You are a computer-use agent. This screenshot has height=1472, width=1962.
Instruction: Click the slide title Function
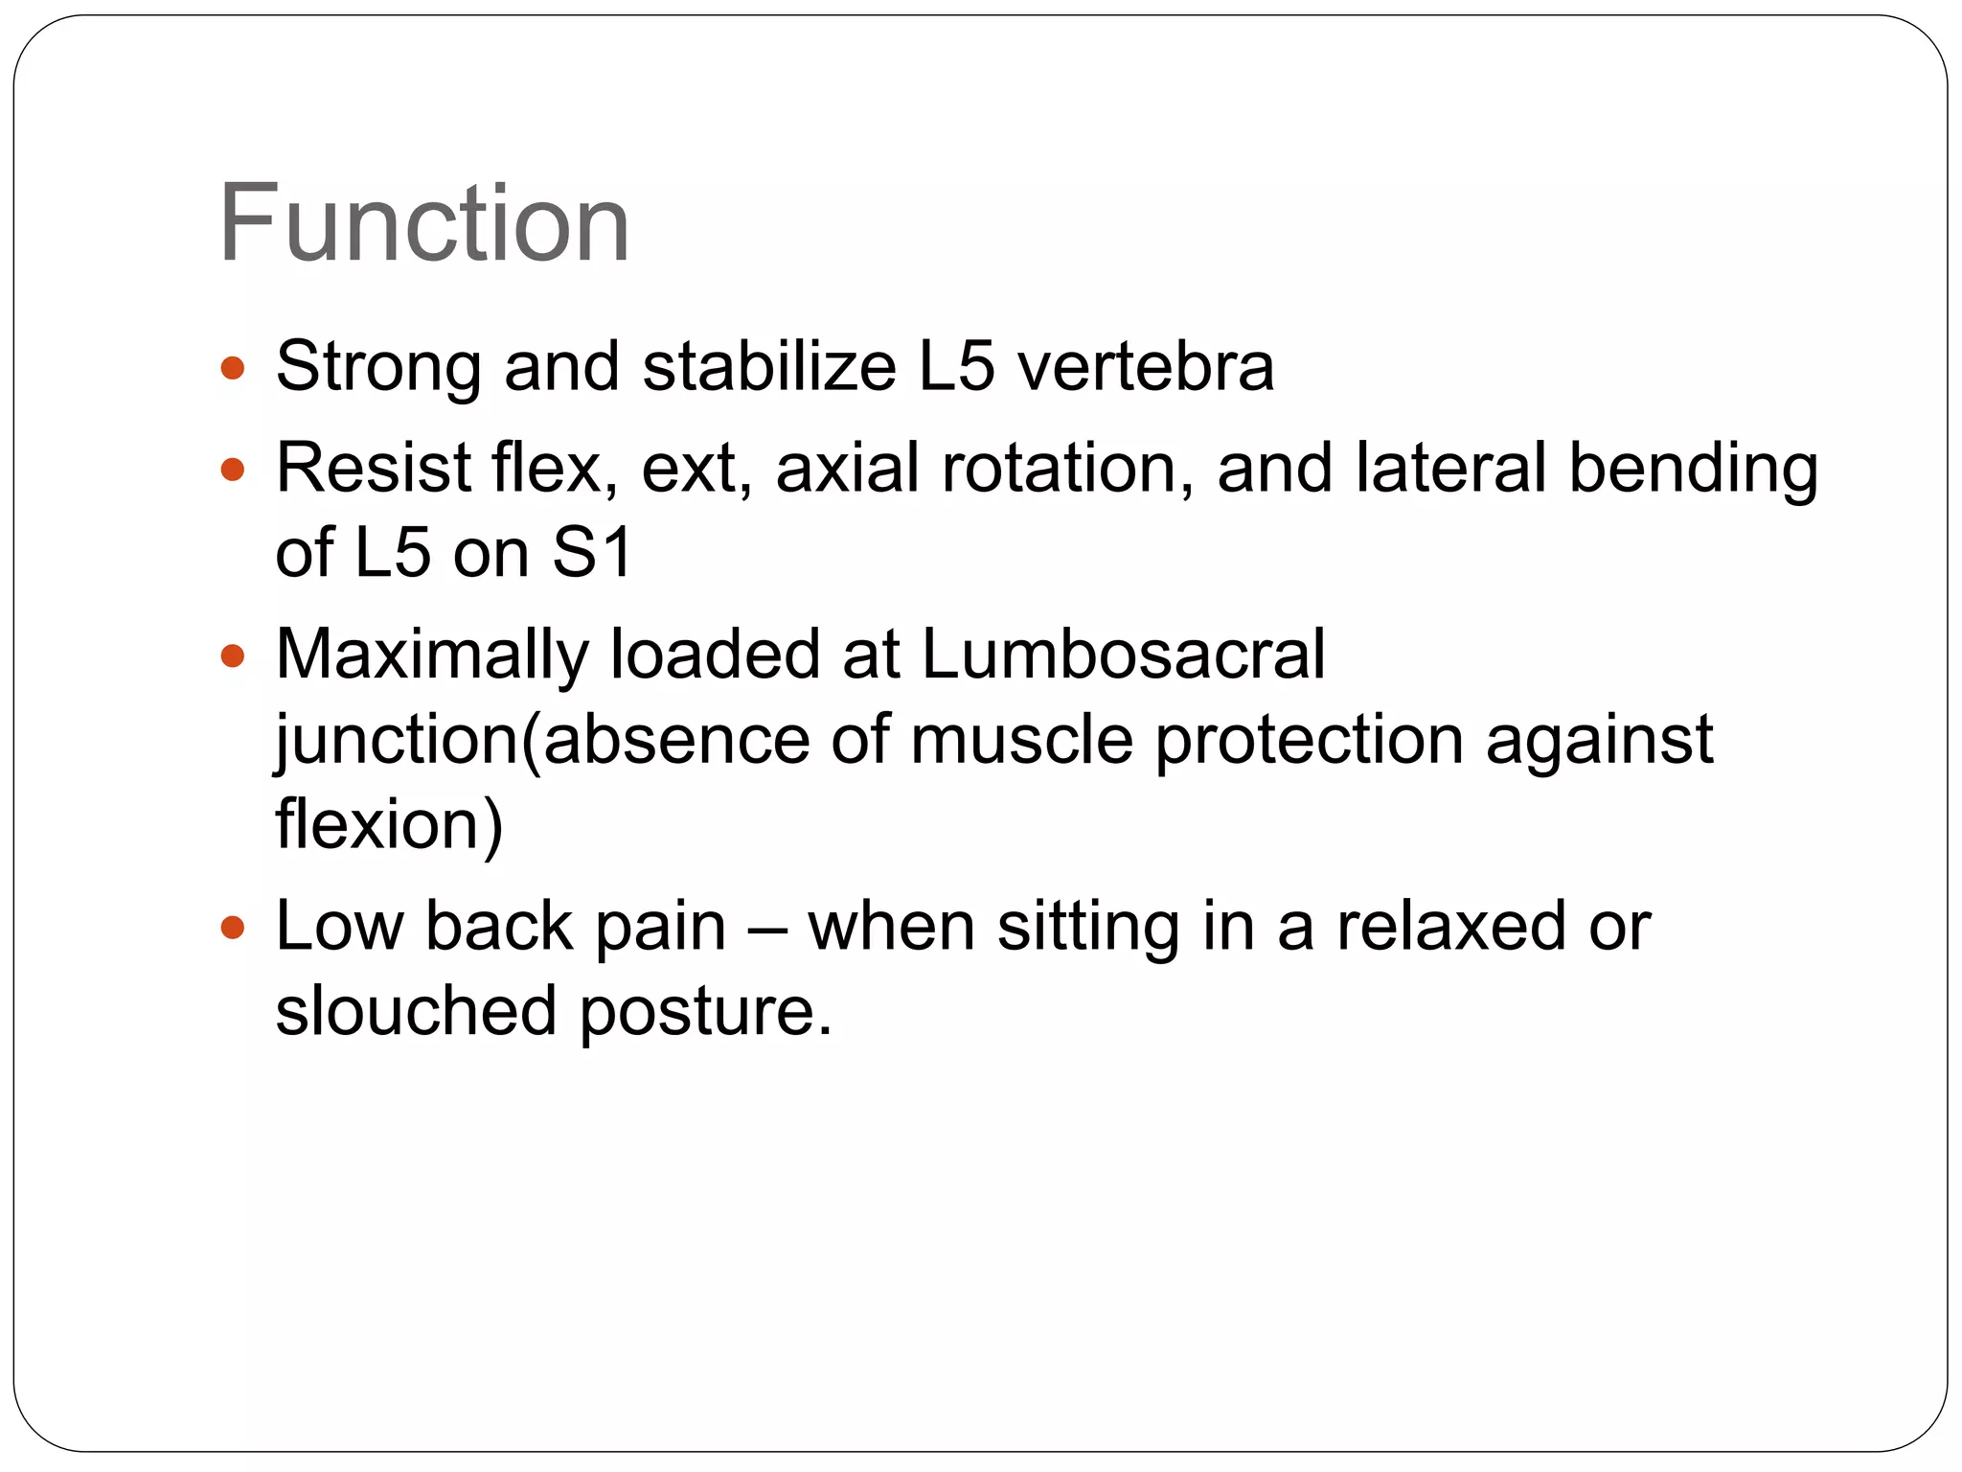click(423, 224)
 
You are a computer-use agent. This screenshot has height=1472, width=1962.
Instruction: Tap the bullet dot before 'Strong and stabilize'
click(233, 368)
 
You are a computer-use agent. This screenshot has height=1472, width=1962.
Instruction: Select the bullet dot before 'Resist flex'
click(233, 470)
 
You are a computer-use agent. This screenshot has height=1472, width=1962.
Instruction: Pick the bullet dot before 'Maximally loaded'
click(233, 656)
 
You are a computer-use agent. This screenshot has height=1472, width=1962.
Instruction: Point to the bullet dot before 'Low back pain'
click(233, 928)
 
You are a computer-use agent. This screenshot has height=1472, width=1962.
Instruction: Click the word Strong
click(378, 368)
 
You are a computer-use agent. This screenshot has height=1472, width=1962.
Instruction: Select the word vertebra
click(1145, 366)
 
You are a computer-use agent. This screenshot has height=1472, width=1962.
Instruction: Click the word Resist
click(373, 469)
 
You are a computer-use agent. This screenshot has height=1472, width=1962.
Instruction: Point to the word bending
click(1693, 471)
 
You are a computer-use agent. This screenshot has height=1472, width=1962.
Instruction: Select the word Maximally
click(431, 656)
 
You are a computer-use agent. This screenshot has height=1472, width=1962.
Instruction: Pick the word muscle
click(1021, 740)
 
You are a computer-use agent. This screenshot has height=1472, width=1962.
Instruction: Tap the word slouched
click(416, 1011)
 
